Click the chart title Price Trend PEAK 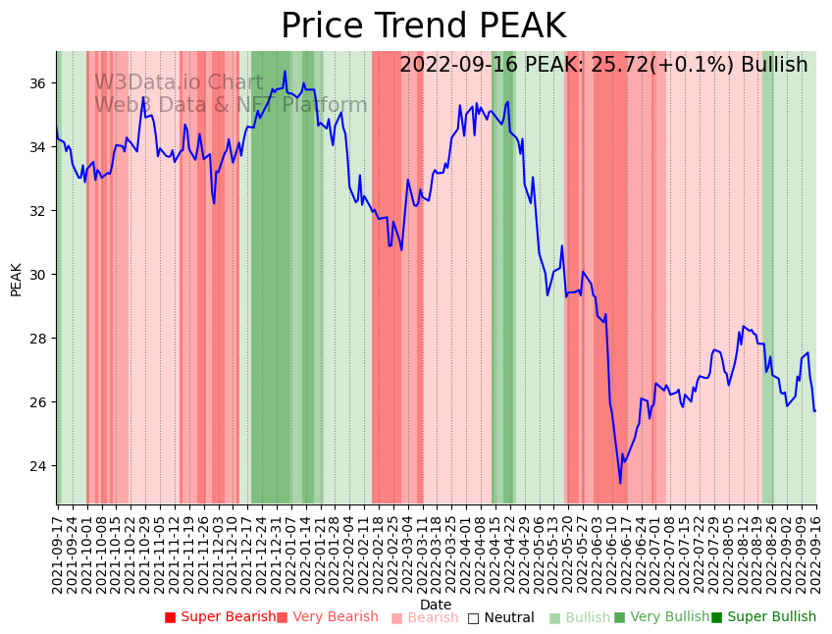(423, 26)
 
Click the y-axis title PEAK (16, 279)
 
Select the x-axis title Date (436, 605)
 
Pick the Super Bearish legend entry (221, 617)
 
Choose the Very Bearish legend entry (328, 617)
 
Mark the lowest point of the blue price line (620, 483)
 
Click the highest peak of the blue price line (286, 71)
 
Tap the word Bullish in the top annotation (774, 65)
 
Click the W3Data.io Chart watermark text (179, 82)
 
